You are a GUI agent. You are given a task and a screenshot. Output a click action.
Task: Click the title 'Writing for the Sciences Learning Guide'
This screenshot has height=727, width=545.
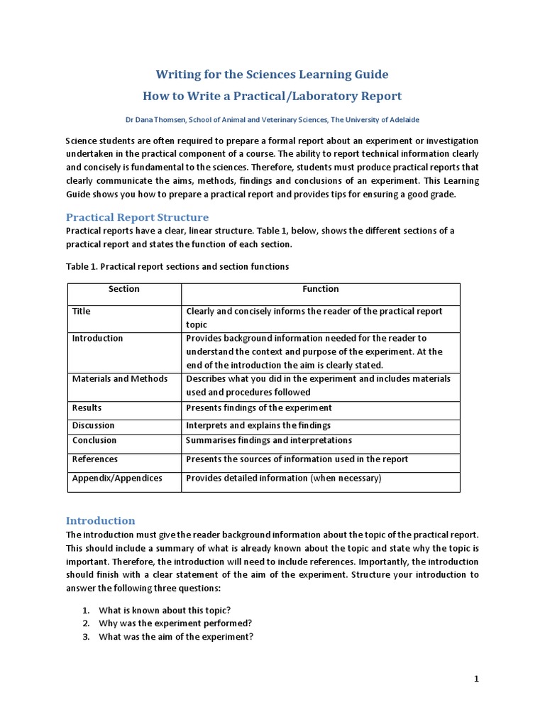[272, 75]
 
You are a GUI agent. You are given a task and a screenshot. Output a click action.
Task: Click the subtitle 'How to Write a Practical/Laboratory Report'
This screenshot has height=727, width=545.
[272, 96]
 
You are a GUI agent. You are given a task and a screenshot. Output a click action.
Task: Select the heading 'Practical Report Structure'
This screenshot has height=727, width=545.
[137, 217]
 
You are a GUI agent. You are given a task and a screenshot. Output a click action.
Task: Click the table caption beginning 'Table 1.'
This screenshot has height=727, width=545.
[177, 266]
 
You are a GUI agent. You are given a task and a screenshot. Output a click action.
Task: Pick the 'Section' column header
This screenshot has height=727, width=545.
[124, 289]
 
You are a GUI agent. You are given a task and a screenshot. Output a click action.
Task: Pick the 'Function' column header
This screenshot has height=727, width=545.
[321, 289]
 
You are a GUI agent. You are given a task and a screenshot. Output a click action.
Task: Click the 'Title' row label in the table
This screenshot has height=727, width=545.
[82, 311]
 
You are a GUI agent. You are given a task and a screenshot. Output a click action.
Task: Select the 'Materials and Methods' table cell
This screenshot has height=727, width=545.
[120, 378]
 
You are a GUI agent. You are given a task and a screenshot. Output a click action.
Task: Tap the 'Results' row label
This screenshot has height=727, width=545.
[87, 408]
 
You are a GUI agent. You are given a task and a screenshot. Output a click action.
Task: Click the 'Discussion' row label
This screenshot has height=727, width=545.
[93, 425]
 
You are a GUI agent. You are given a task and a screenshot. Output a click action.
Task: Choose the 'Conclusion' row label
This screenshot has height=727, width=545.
[94, 440]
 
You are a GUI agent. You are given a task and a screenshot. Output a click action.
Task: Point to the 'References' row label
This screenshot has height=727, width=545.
[95, 459]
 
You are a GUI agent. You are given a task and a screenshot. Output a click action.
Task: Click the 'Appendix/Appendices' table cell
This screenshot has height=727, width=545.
[117, 478]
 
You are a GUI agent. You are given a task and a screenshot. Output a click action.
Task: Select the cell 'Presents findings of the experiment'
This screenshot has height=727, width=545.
[259, 408]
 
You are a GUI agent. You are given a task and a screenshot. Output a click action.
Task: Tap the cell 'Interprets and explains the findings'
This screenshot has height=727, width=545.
[258, 425]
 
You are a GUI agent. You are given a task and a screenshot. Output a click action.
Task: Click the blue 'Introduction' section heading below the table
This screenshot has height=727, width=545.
[100, 520]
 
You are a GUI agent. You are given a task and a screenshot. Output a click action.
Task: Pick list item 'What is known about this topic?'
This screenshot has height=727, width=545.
[165, 611]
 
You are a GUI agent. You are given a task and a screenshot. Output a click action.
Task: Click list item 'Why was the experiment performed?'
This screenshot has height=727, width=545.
[175, 623]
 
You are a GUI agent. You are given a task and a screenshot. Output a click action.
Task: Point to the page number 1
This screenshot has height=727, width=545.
[476, 679]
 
